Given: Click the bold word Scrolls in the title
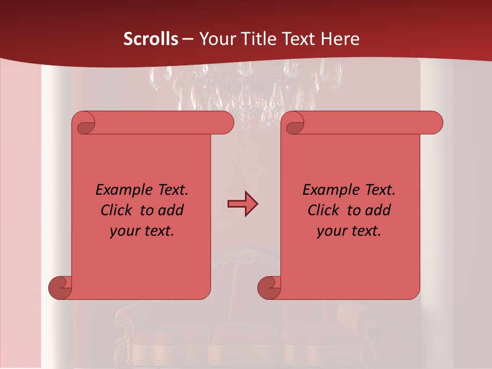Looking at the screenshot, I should [151, 39].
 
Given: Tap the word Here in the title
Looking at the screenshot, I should [340, 39].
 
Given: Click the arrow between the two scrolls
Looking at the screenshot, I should [242, 204].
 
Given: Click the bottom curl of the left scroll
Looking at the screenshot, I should [60, 288].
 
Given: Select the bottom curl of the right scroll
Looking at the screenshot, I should [269, 288].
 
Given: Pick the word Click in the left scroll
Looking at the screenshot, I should [118, 210].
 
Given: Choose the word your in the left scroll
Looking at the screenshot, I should [124, 231].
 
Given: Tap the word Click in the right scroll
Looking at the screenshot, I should [325, 210].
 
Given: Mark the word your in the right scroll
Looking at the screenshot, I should [331, 231].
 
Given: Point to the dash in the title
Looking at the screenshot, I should [188, 39].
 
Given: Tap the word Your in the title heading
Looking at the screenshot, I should [215, 39].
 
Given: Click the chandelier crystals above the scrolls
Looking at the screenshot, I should [246, 87].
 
